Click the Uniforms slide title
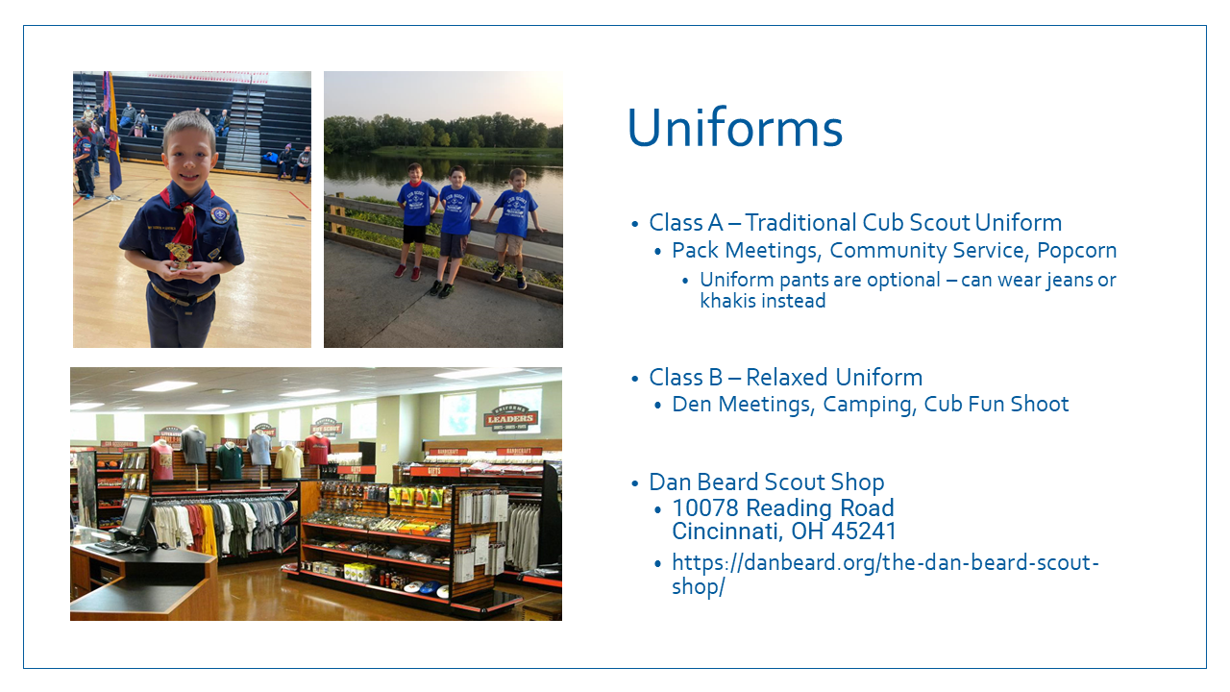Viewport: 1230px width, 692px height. tap(735, 128)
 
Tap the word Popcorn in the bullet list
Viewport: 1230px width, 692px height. tap(1076, 251)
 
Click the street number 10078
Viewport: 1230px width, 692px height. tap(705, 507)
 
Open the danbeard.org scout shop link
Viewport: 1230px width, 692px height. tap(885, 574)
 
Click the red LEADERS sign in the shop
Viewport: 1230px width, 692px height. tap(510, 418)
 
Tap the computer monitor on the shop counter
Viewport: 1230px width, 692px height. tap(134, 516)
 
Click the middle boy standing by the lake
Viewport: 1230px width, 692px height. tap(455, 232)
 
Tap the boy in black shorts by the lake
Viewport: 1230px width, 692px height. tap(416, 221)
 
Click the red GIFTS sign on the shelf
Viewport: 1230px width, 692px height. tap(434, 471)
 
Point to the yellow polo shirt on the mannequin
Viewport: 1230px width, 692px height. tap(289, 460)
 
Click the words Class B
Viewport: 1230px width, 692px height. tap(685, 378)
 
